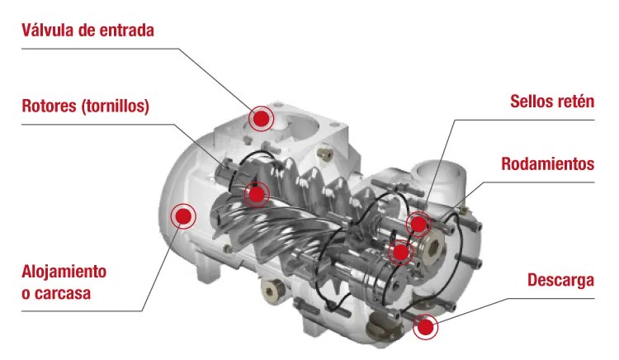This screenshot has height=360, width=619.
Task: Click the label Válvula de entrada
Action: click(88, 31)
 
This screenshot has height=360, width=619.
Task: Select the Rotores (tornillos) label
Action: click(86, 107)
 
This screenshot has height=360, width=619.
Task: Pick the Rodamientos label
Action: click(548, 163)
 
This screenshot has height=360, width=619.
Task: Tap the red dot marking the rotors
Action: click(258, 195)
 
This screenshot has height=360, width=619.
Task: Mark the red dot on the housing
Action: click(182, 217)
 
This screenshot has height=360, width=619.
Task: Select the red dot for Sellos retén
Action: click(419, 224)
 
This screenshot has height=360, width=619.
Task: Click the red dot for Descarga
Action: click(425, 328)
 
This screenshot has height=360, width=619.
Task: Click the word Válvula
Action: click(46, 31)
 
